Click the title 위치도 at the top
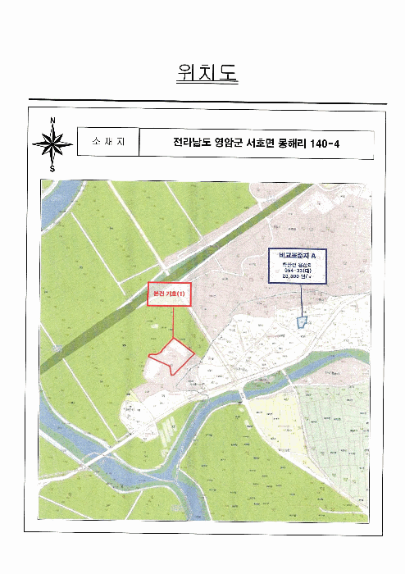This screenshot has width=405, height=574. click(206, 74)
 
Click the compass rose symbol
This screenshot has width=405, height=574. click(52, 145)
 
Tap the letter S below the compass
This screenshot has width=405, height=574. click(52, 169)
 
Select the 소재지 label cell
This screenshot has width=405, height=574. click(107, 143)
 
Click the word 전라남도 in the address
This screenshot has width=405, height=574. click(191, 143)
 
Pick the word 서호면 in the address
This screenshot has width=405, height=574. click(274, 143)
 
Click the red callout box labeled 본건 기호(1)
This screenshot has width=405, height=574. click(170, 294)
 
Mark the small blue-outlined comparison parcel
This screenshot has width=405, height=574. click(302, 322)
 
